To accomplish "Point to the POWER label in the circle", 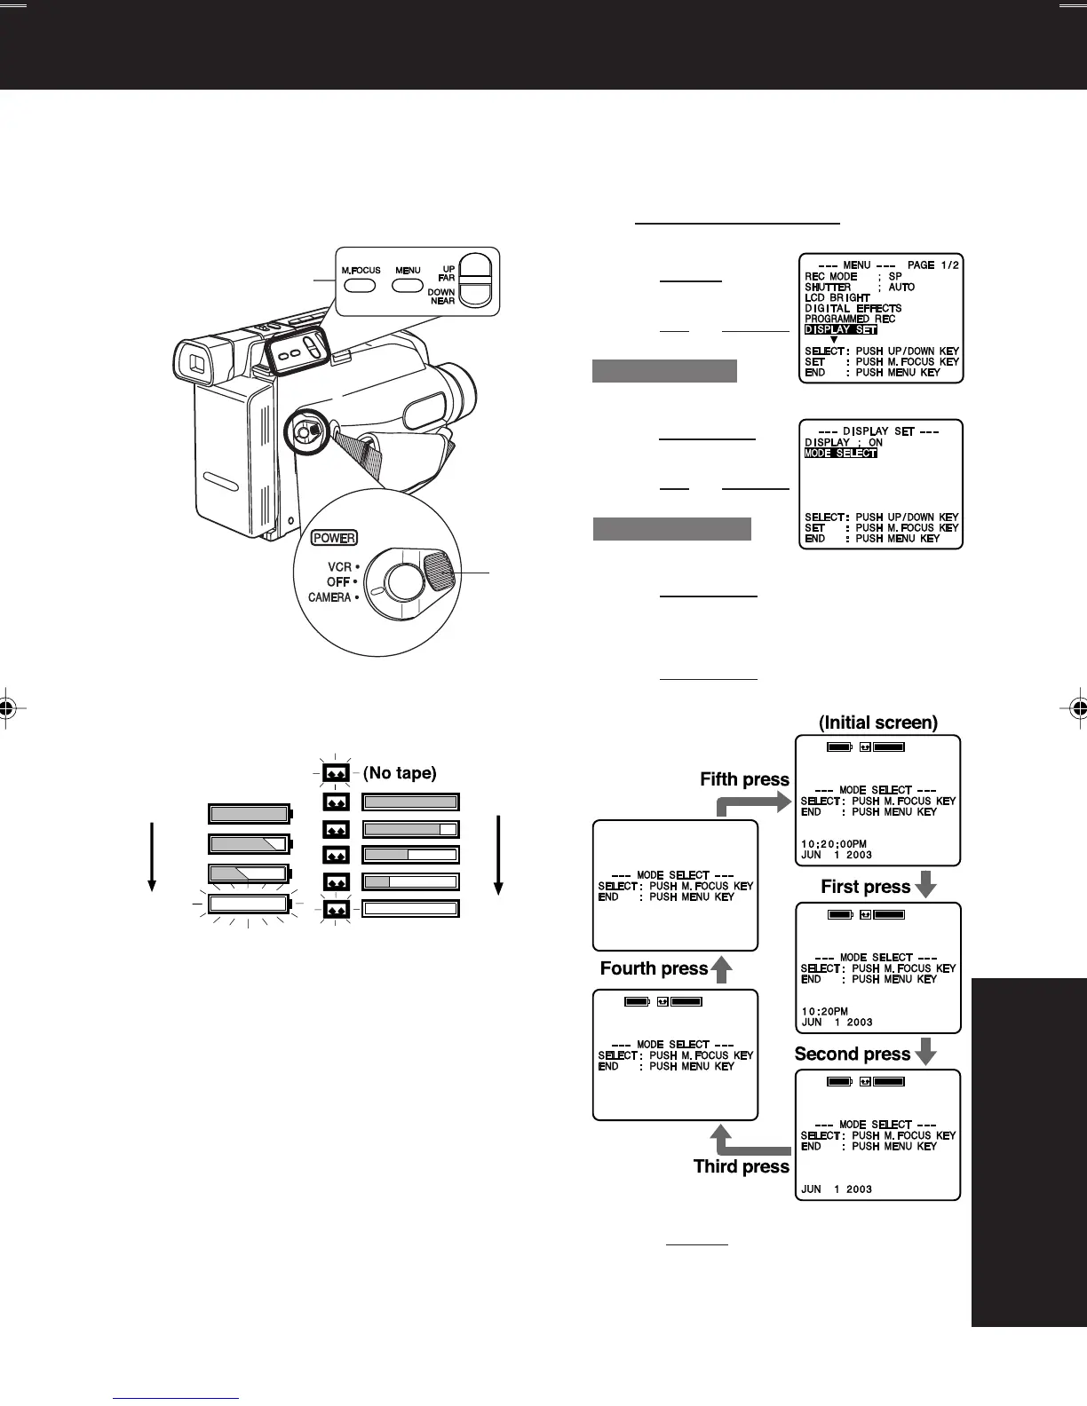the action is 334,538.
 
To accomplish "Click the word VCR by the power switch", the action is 339,566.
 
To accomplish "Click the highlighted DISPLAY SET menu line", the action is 840,330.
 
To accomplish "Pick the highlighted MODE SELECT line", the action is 840,454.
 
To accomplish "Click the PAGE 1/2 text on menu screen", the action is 932,265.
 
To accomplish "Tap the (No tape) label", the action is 400,773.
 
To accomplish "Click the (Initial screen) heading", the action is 877,723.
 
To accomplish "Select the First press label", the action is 865,887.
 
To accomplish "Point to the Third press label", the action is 741,1166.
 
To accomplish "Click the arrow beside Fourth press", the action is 722,969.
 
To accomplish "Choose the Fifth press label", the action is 744,779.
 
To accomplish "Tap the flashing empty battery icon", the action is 249,904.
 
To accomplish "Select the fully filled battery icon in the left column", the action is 249,814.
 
